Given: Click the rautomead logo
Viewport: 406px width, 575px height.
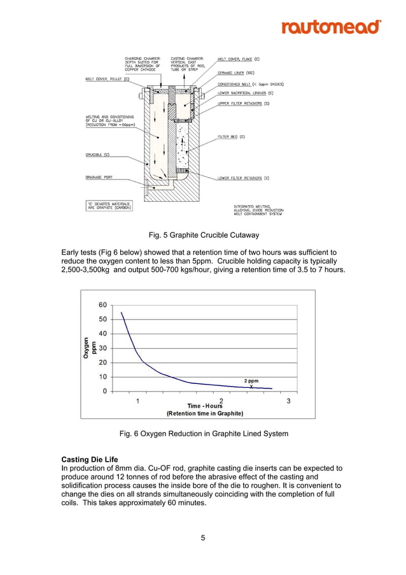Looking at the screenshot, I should click(x=331, y=27).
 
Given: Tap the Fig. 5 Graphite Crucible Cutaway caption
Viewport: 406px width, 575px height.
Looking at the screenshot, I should click(x=204, y=235).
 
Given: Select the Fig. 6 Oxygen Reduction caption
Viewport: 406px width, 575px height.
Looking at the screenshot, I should click(x=204, y=434).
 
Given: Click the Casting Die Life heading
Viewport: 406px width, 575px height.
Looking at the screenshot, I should click(x=90, y=459).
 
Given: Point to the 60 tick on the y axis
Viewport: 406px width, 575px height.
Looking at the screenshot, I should click(x=102, y=305).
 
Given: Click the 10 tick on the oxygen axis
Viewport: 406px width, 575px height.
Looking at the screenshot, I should click(x=102, y=377).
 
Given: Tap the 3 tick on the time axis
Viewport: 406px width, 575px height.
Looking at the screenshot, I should click(x=288, y=401).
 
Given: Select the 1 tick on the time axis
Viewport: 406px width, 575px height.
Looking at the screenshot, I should click(x=138, y=401).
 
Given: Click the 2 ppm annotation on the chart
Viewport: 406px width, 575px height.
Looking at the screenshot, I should click(x=251, y=381).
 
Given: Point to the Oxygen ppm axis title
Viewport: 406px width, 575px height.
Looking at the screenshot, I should click(x=90, y=348).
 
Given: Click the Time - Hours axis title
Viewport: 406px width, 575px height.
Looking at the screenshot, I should click(x=205, y=406).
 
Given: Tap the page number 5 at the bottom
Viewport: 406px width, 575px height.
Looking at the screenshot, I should click(x=203, y=538).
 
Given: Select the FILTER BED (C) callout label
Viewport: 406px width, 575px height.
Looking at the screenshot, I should click(x=231, y=136).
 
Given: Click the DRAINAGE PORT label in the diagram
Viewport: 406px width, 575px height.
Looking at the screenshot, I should click(x=99, y=178).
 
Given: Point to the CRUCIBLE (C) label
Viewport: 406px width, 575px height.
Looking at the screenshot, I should click(x=97, y=154).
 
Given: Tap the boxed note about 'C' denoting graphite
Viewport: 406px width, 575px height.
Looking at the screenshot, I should click(x=109, y=205).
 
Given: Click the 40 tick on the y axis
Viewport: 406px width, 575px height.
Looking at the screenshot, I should click(x=102, y=334).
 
